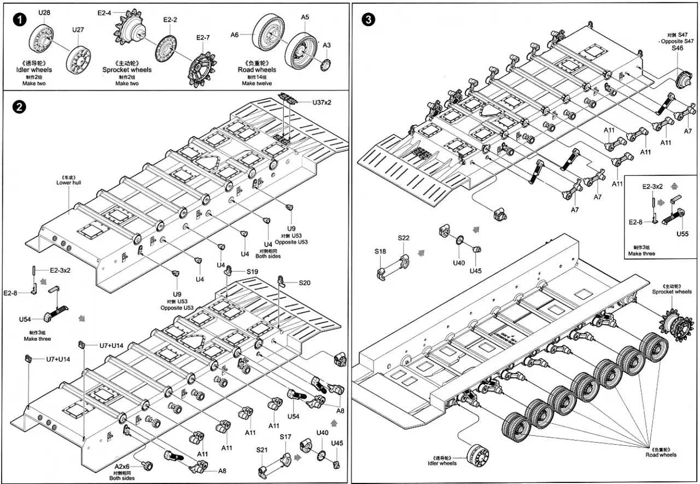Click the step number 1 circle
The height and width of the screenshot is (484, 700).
tap(20, 20)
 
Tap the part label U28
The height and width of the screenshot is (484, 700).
tap(44, 12)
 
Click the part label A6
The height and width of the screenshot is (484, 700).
tap(235, 34)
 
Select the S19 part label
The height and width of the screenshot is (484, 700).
tap(252, 271)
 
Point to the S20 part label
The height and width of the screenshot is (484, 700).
tap(305, 282)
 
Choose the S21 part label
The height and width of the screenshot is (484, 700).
tap(262, 449)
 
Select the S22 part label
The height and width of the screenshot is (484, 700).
tap(404, 238)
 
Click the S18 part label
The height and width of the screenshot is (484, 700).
tap(380, 251)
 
